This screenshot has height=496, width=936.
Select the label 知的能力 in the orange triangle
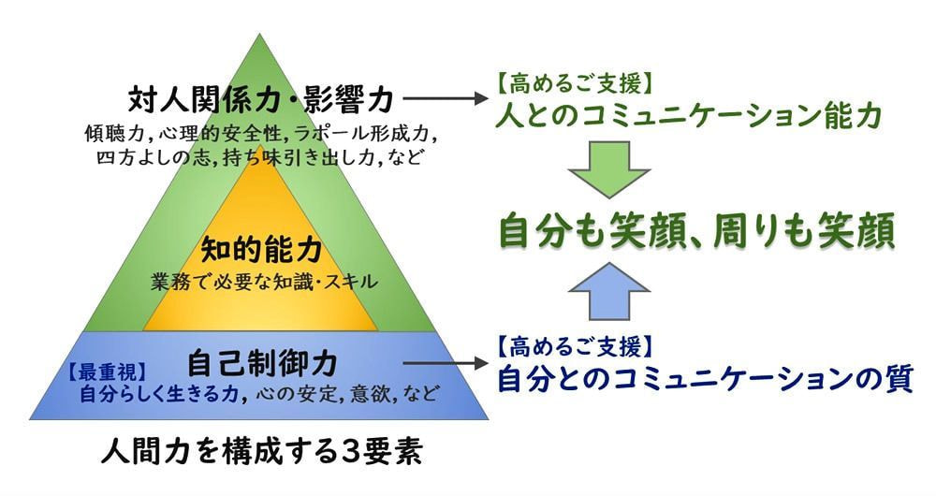pos(262,250)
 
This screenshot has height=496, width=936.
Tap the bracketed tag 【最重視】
pos(100,367)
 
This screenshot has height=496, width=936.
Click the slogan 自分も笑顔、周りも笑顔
pos(697,232)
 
